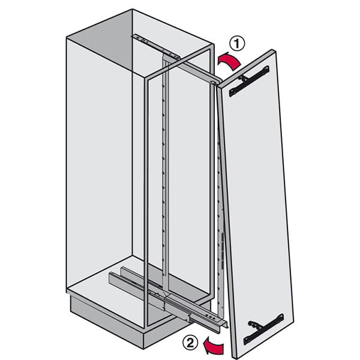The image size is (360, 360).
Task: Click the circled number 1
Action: (238, 43)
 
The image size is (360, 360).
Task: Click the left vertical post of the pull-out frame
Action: (146, 198)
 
